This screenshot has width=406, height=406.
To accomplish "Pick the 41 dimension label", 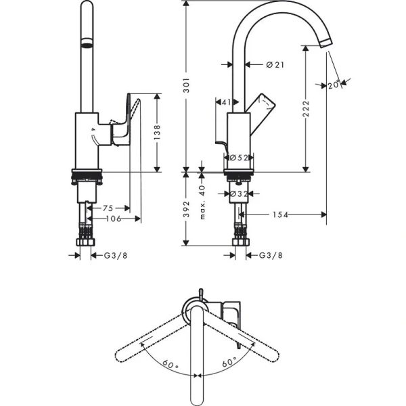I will point(226,102).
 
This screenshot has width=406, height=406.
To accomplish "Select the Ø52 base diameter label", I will point(240,157).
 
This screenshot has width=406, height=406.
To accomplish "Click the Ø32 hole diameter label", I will point(240,194).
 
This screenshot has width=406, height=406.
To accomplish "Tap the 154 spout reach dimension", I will point(280,215).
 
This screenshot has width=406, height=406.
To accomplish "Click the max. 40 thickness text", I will point(202,200).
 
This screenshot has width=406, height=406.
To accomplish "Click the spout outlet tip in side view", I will point(327,42).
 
